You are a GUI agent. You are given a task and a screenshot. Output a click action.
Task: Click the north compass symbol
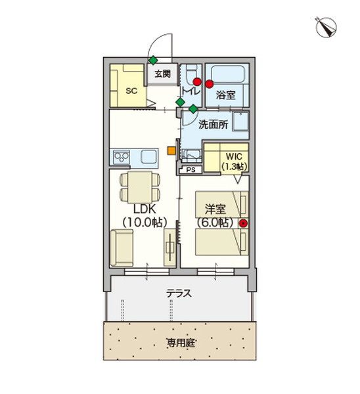tap(326, 27)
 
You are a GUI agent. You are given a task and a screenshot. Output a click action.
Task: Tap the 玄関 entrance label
tap(163, 74)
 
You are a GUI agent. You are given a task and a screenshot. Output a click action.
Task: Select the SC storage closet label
tap(131, 91)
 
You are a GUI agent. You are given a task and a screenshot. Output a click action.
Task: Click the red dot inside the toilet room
tap(197, 81)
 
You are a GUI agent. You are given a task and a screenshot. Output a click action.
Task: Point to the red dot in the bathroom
tap(210, 84)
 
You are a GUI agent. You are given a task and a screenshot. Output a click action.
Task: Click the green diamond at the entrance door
tap(153, 60)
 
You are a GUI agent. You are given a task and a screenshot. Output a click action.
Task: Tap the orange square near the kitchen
tap(171, 150)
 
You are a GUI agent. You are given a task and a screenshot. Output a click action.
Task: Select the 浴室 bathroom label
tap(226, 95)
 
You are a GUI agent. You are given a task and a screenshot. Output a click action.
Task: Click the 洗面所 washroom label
tap(214, 125)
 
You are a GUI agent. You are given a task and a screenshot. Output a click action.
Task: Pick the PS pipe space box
tap(191, 170)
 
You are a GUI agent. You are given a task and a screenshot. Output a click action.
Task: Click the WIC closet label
tap(234, 156)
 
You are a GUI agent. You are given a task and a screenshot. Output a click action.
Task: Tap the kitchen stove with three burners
tap(122, 158)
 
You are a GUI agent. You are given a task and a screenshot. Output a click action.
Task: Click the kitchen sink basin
tap(149, 157)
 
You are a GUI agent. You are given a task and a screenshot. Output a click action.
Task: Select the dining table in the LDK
tap(140, 187)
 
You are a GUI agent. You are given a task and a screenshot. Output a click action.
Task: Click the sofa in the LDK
tap(122, 248)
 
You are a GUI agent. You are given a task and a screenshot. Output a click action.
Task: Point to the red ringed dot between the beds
tap(243, 223)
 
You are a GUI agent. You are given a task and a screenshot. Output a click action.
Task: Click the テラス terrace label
tap(179, 294)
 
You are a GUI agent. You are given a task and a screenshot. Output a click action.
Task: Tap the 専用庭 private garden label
tap(181, 343)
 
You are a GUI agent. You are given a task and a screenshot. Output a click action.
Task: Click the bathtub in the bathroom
tap(227, 74)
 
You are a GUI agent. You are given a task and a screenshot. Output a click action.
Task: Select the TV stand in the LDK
tap(169, 248)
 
